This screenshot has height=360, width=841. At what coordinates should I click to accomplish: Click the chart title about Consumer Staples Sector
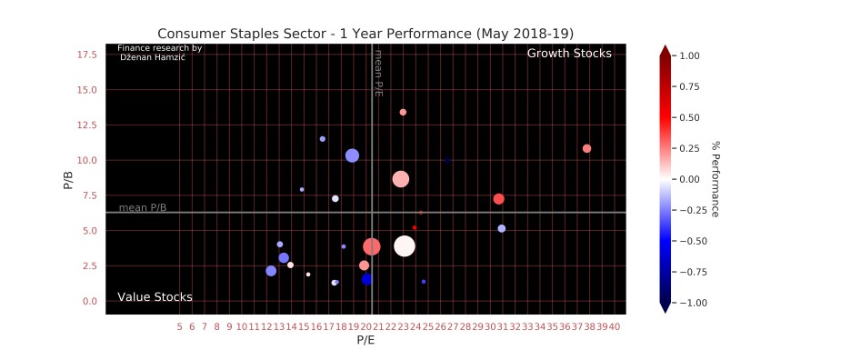point(365,34)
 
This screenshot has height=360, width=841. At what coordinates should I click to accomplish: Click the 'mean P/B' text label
point(143,207)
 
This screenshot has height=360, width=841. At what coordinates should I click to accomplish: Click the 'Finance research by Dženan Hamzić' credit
point(159,52)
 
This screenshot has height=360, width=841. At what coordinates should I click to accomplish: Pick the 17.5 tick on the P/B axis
point(87,55)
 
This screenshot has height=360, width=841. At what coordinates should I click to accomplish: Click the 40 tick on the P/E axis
point(615,325)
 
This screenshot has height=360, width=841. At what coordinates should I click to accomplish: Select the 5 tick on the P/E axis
point(179,325)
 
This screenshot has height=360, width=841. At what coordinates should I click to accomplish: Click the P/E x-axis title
point(365,341)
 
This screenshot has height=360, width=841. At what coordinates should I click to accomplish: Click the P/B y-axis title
point(68,178)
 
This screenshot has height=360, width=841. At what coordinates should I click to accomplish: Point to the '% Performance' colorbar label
point(716,178)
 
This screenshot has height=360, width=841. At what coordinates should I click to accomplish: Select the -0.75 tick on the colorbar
point(693,271)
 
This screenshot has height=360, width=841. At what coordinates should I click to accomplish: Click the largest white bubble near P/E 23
point(405,245)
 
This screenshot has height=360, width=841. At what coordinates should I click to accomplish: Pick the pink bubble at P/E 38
point(586,148)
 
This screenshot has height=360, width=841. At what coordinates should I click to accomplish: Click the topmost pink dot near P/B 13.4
point(403,112)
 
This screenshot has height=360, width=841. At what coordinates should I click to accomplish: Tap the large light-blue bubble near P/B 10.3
point(352,155)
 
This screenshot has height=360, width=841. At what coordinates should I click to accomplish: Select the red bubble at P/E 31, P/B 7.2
point(498,199)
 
